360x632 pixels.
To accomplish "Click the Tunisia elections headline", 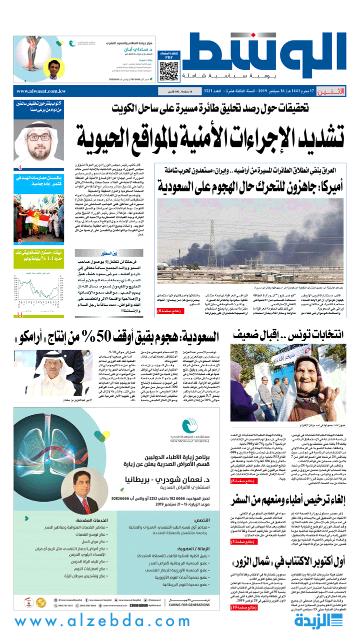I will coord(289,334).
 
